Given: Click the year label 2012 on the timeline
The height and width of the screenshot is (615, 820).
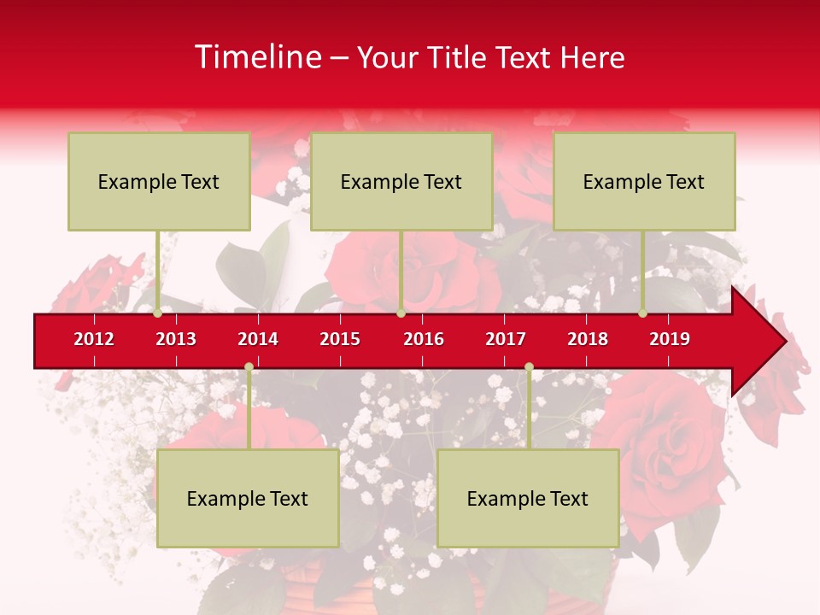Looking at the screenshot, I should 94,339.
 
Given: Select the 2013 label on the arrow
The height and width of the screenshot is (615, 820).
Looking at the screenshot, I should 176,339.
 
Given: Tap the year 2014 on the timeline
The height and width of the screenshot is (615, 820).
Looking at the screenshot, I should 258,339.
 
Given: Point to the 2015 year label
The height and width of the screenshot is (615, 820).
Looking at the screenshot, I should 340,339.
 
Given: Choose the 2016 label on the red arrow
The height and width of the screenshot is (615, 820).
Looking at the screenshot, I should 424,339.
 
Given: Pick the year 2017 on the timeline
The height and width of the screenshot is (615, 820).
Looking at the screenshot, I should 506,339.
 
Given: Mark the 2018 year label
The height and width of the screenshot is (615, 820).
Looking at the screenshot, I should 588,339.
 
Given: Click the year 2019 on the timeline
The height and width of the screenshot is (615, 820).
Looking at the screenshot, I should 670,339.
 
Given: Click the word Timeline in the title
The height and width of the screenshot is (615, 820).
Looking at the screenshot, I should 257,57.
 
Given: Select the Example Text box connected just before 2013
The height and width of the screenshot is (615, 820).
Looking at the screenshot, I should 159,181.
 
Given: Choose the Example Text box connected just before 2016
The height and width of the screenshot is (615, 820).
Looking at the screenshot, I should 401,181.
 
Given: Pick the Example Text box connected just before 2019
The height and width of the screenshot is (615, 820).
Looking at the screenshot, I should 644,181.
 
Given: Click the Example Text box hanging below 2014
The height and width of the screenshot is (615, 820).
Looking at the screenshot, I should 248,498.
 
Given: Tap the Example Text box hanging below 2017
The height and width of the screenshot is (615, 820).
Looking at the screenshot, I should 528,498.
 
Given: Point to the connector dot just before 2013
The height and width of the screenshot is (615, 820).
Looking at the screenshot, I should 157,313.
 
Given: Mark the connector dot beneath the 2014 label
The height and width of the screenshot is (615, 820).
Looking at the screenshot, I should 249,367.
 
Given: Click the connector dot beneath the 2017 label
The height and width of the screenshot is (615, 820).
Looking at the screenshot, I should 529,367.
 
